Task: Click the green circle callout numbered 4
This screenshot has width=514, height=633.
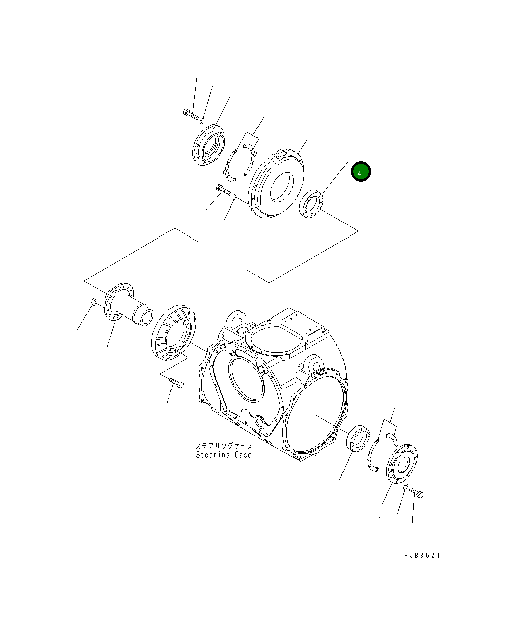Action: pyautogui.click(x=361, y=172)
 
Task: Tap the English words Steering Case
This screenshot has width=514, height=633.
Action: pyautogui.click(x=223, y=455)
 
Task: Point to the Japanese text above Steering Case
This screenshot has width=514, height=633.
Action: pyautogui.click(x=223, y=446)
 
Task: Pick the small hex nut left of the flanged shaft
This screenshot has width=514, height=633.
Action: pyautogui.click(x=93, y=302)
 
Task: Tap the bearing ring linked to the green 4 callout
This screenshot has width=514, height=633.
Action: pyautogui.click(x=312, y=204)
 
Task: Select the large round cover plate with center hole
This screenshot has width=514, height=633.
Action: pyautogui.click(x=277, y=182)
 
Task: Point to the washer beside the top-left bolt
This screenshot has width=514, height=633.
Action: pyautogui.click(x=202, y=121)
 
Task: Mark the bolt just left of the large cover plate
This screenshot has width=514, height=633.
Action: pyautogui.click(x=223, y=190)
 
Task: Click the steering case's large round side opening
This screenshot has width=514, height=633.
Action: pyautogui.click(x=315, y=417)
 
